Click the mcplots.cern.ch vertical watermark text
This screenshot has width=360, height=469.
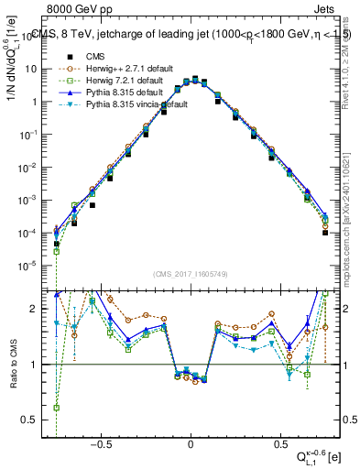[351, 220]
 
